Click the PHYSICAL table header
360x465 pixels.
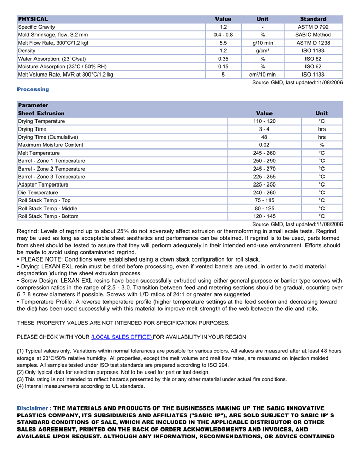[33, 19]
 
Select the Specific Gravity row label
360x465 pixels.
[37, 27]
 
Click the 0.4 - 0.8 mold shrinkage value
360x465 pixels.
[223, 35]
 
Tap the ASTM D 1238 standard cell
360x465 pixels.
[313, 43]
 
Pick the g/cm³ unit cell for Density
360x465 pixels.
[262, 51]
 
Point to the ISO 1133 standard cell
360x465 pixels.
[313, 75]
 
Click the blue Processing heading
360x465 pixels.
[33, 89]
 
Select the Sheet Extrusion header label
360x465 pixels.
[41, 113]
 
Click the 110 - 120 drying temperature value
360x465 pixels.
[264, 121]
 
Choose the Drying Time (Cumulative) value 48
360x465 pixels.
[264, 137]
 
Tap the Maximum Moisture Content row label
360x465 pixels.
[50, 145]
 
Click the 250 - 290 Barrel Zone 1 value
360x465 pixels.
[264, 161]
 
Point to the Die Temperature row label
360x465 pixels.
[38, 193]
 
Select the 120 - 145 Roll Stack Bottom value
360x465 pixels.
[264, 216]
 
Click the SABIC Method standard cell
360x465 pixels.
[313, 35]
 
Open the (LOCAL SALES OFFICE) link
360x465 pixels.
[122, 337]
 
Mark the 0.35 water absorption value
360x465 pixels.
[223, 59]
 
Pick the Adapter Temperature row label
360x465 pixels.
[43, 184]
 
